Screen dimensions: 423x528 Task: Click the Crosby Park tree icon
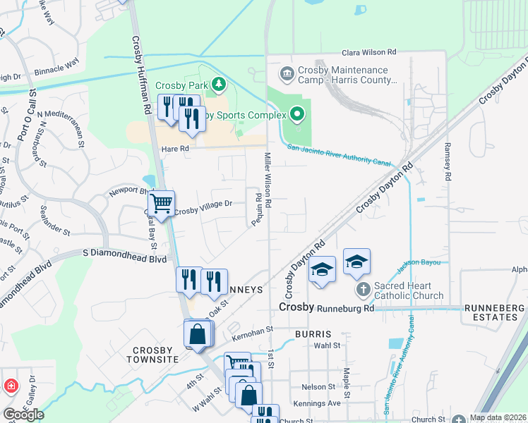point(219,85)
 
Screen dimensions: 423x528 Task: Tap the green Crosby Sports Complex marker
point(298,114)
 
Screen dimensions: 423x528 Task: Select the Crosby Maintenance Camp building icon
point(287,73)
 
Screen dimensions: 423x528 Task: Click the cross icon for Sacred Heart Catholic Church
point(363,289)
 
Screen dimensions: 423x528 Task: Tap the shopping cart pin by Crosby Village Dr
point(162,204)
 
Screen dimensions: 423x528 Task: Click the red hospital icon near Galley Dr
point(11,386)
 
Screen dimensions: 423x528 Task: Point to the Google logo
point(23,415)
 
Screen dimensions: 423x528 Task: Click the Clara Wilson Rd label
point(369,53)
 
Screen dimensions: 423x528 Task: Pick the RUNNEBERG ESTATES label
point(494,313)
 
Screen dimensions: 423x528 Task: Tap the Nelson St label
point(318,387)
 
